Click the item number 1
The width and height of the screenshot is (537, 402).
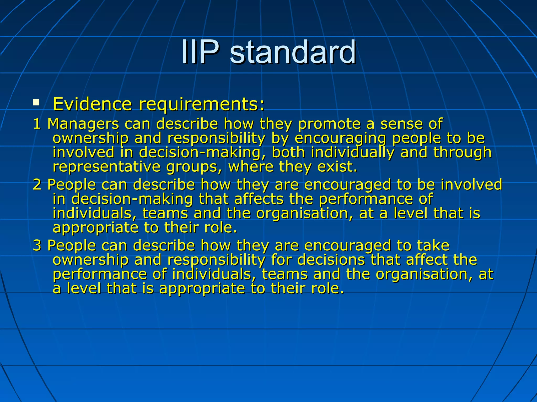point(37,124)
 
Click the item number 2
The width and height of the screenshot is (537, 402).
point(37,185)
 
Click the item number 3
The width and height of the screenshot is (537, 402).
point(37,245)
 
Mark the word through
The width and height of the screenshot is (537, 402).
point(462,153)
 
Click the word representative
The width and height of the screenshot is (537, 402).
point(106,167)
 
